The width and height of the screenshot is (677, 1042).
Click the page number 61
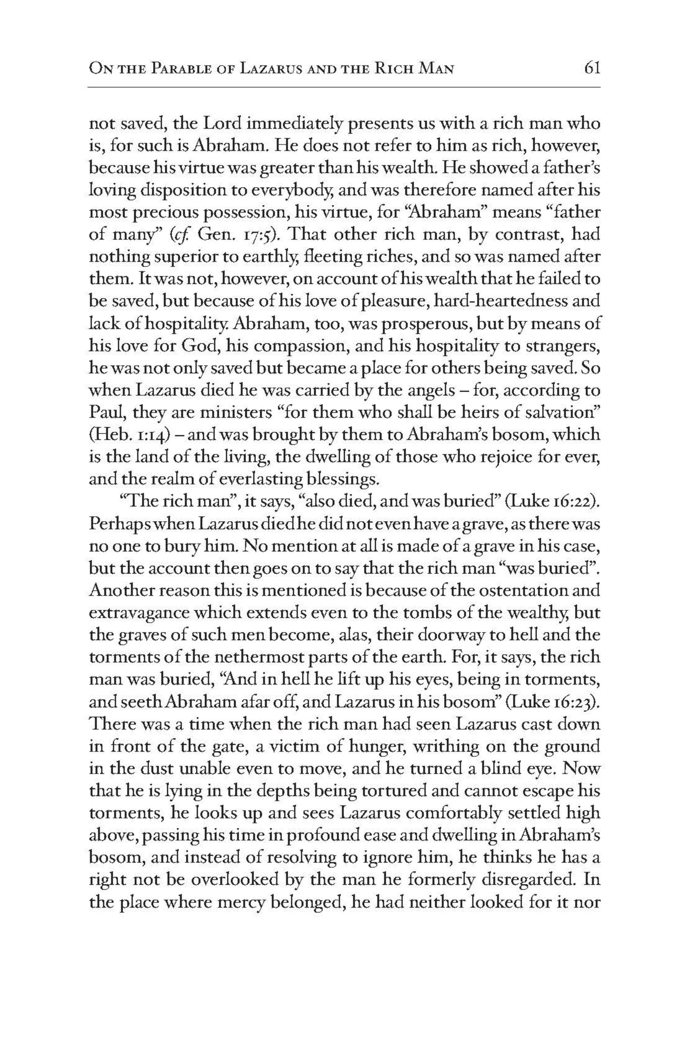coord(592,69)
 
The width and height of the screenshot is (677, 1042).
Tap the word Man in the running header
coord(436,70)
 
